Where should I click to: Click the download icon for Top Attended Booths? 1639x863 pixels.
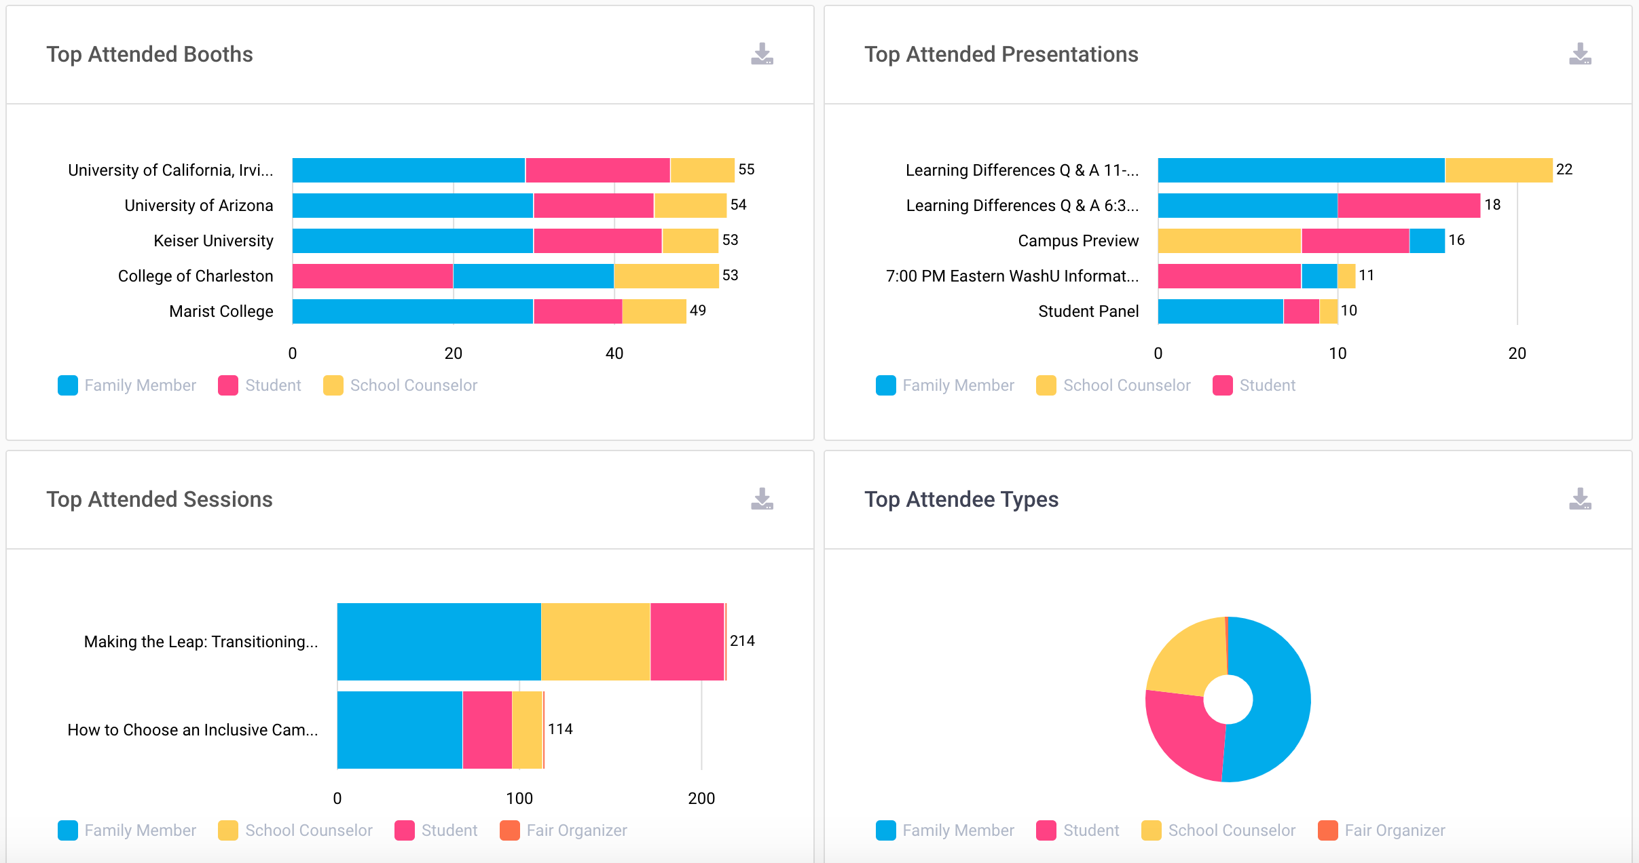coord(762,54)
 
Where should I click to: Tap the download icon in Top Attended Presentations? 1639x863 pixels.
coord(1580,54)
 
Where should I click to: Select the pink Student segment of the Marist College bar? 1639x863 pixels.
coord(578,311)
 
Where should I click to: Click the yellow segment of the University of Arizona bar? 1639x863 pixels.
coord(690,206)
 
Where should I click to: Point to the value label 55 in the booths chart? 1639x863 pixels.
coord(746,170)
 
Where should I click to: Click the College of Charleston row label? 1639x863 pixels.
coord(196,276)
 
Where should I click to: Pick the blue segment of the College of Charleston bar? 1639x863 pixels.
coord(534,276)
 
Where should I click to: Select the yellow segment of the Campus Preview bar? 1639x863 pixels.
coord(1229,241)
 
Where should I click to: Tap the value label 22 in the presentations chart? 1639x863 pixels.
coord(1564,170)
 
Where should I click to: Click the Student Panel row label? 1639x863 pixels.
coord(1088,311)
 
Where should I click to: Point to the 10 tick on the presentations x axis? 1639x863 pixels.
coord(1338,353)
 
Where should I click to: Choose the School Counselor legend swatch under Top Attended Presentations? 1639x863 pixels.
coord(1046,385)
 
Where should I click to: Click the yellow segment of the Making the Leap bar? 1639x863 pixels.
coord(595,641)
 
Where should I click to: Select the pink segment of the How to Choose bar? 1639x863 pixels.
coord(487,729)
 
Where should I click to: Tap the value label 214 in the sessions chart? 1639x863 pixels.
coord(742,641)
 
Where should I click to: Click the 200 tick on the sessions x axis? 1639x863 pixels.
coord(701,799)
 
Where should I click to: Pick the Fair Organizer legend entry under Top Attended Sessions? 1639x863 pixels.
coord(576,830)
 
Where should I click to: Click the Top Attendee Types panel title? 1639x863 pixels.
coord(961,499)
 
